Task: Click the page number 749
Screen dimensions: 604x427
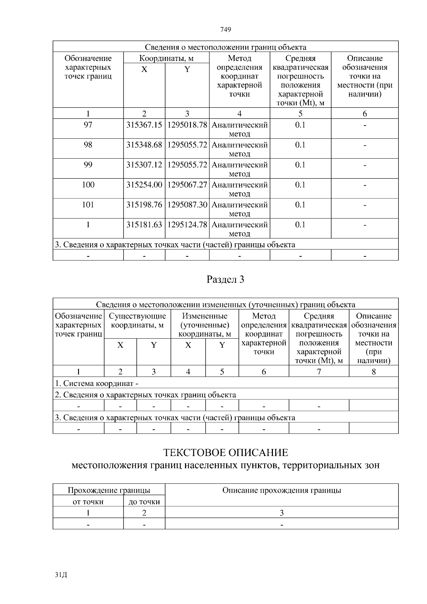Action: click(226, 30)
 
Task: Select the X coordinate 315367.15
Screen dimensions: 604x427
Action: click(144, 125)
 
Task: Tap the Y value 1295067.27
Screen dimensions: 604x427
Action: click(187, 185)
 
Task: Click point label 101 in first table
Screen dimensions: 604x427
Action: click(88, 205)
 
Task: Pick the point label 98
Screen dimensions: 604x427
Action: click(88, 145)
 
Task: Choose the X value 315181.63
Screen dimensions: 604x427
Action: click(144, 225)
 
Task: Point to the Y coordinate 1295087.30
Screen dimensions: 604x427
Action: click(187, 205)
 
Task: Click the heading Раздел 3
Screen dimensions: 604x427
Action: click(226, 280)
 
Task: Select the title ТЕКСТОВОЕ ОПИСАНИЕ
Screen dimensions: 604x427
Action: click(226, 453)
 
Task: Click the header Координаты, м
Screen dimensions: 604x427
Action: click(166, 58)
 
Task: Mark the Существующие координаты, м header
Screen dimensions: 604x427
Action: click(137, 320)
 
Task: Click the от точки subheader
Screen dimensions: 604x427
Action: click(88, 502)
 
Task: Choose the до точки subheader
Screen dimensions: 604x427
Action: click(144, 502)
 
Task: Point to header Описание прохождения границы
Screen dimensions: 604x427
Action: click(281, 491)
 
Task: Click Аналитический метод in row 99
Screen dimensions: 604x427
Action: click(239, 169)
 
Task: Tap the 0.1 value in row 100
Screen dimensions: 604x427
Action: click(300, 185)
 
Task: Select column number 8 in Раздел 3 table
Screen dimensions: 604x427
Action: click(374, 372)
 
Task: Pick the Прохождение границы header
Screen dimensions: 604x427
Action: click(109, 491)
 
